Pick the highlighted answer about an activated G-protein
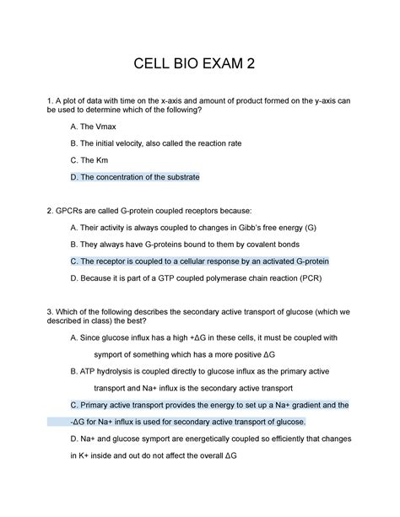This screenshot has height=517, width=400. pos(199,261)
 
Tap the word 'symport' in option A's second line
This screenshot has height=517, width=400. pos(116,353)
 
